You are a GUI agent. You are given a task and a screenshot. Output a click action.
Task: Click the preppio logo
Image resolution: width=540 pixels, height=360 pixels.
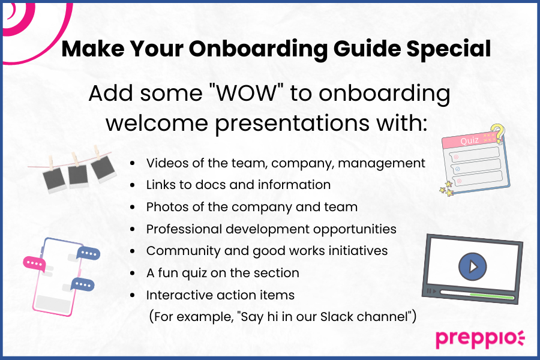tap(479, 338)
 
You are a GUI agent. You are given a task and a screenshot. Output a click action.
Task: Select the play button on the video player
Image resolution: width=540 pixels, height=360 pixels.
tap(473, 265)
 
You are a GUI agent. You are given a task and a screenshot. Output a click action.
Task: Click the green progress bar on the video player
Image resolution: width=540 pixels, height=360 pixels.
tap(492, 296)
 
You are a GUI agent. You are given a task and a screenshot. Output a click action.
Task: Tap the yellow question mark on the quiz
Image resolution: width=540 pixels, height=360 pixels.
tap(496, 132)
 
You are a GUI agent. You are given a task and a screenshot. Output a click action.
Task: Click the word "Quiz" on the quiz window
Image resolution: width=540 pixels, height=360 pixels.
tap(470, 141)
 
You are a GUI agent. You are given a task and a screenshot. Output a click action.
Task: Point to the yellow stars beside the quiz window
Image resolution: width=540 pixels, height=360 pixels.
tap(446, 189)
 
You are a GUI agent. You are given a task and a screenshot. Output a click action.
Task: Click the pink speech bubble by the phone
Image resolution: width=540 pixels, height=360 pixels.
tap(35, 262)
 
